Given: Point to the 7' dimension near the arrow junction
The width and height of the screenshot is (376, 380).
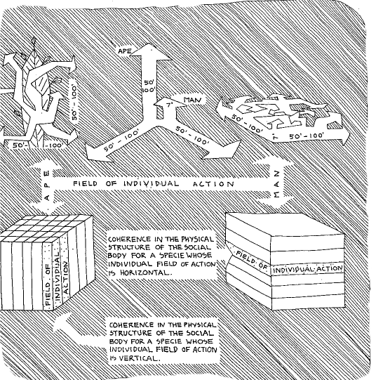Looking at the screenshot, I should pos(170,105).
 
